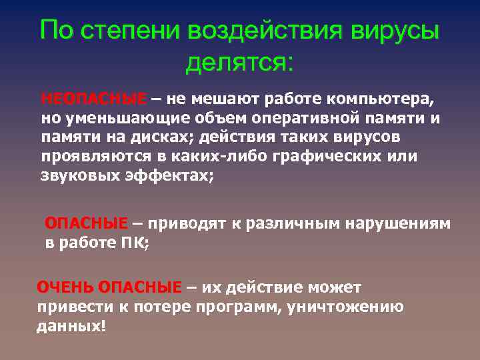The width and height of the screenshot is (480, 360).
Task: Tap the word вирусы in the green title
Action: (x=389, y=31)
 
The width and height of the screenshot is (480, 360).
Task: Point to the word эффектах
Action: (x=173, y=176)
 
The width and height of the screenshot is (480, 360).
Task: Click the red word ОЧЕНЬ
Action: (x=65, y=287)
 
